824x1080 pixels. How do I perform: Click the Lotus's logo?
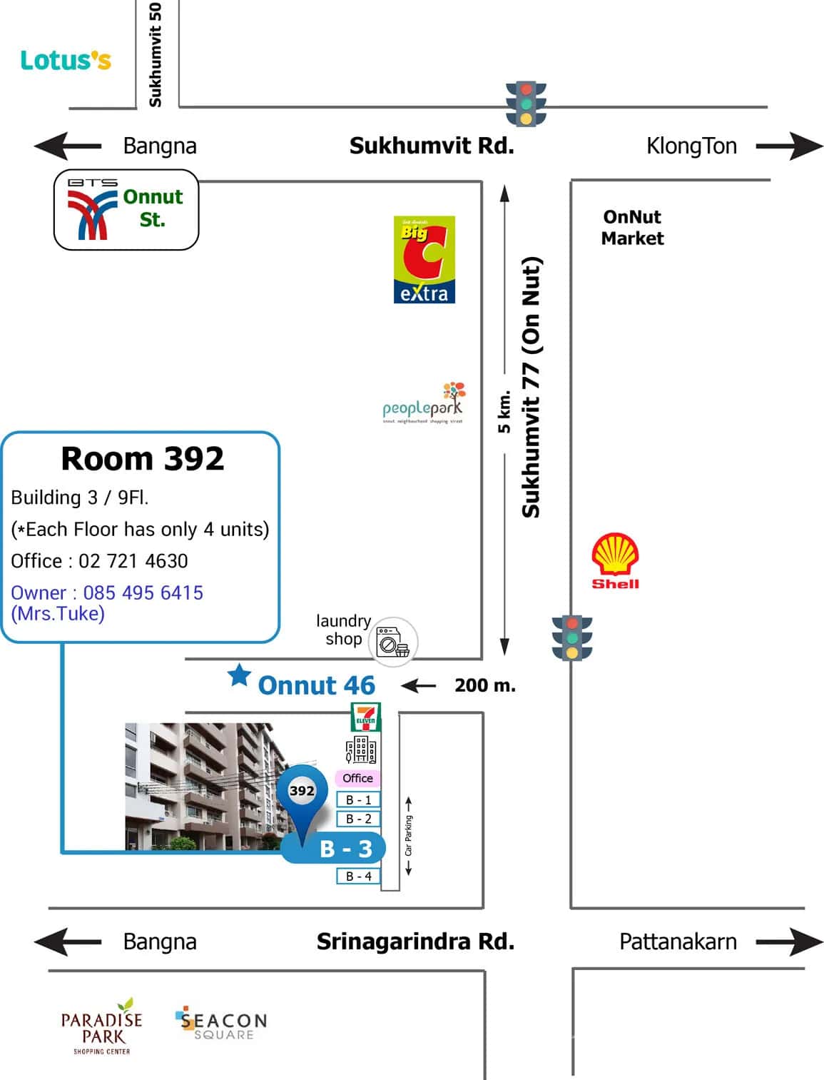point(66,61)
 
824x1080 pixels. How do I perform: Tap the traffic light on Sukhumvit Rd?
point(526,104)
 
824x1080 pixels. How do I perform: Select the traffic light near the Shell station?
point(571,637)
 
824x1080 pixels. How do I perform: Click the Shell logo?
point(615,560)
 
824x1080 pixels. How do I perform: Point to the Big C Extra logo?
point(424,260)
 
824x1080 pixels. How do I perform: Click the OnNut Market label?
point(632,228)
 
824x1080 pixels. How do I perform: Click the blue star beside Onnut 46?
point(239,675)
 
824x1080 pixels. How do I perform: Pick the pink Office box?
point(357,778)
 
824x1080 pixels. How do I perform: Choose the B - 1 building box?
point(358,800)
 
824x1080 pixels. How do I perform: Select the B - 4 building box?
point(358,876)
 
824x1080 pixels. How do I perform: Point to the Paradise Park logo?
point(102,1026)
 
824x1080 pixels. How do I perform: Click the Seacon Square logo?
point(221,1025)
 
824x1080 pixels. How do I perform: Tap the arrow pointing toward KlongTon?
point(789,146)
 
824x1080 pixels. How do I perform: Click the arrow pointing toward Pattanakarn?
point(789,942)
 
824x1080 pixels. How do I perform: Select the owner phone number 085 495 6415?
point(143,592)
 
